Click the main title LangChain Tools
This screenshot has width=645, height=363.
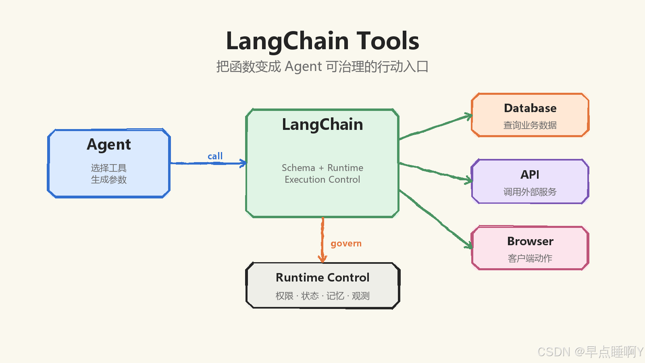click(322, 41)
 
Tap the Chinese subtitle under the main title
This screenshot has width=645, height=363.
click(322, 67)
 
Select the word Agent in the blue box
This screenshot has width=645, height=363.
click(109, 145)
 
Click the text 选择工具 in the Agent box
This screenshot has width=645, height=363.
click(109, 168)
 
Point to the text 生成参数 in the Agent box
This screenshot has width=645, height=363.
click(109, 179)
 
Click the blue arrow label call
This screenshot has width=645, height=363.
click(215, 156)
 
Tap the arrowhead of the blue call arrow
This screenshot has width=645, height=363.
click(243, 163)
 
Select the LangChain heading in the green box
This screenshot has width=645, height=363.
click(322, 125)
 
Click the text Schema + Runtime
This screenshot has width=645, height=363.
click(322, 168)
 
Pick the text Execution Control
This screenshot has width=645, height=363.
click(322, 179)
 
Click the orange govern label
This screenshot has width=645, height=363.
click(346, 244)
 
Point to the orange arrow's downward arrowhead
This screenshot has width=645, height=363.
click(323, 259)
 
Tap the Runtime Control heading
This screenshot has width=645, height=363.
click(322, 277)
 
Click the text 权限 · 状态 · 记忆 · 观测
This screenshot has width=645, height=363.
click(322, 296)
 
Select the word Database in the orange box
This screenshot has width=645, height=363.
click(530, 108)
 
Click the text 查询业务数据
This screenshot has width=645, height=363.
click(530, 125)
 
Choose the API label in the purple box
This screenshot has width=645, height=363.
click(530, 175)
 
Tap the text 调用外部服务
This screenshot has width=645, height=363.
click(530, 192)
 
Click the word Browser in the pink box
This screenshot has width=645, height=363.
click(531, 241)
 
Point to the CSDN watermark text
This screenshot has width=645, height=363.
click(590, 352)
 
